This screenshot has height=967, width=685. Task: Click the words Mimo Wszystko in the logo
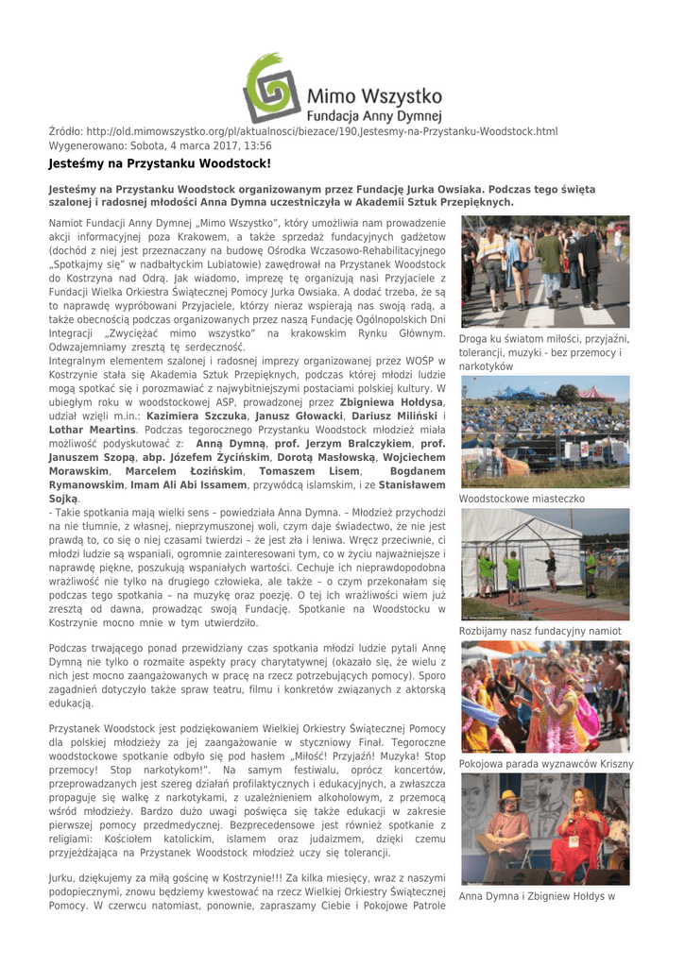[x=375, y=95]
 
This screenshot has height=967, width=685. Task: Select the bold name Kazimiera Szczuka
[x=197, y=416]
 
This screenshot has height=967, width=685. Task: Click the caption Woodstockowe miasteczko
[x=522, y=498]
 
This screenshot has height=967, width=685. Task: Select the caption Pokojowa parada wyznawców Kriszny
[x=546, y=763]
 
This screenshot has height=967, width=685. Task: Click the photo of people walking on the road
[x=544, y=272]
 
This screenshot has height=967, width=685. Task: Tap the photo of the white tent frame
[x=544, y=564]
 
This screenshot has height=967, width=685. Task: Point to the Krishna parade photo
[x=544, y=697]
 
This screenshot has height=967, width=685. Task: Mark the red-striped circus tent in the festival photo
[x=597, y=393]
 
